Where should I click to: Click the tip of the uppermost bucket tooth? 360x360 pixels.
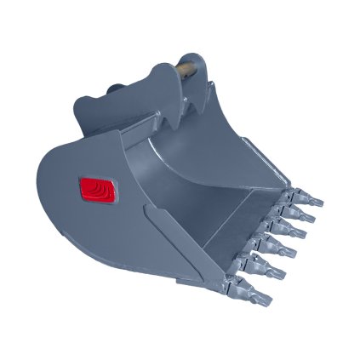(x=319, y=203)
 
